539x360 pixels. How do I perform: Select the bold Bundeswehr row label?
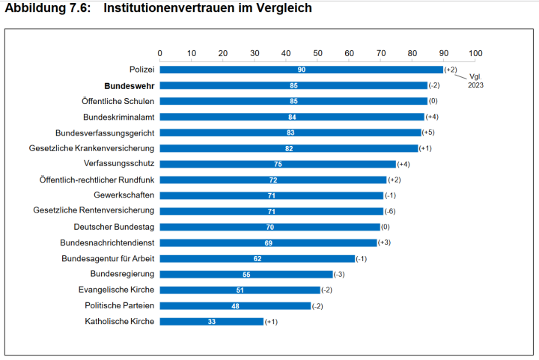(x=130, y=85)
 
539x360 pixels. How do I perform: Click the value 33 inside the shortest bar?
(x=212, y=322)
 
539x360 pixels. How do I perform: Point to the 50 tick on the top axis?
(x=317, y=53)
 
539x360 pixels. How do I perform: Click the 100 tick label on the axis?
(x=475, y=53)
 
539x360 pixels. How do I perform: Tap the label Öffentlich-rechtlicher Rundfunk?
(x=97, y=180)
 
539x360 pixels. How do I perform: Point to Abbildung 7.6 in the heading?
(x=47, y=8)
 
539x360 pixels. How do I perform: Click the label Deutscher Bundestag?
(x=114, y=227)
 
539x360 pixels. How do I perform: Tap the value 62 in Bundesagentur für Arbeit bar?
(x=258, y=259)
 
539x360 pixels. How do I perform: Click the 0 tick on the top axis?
(x=160, y=53)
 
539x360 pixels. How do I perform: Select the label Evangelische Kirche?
(x=116, y=290)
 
